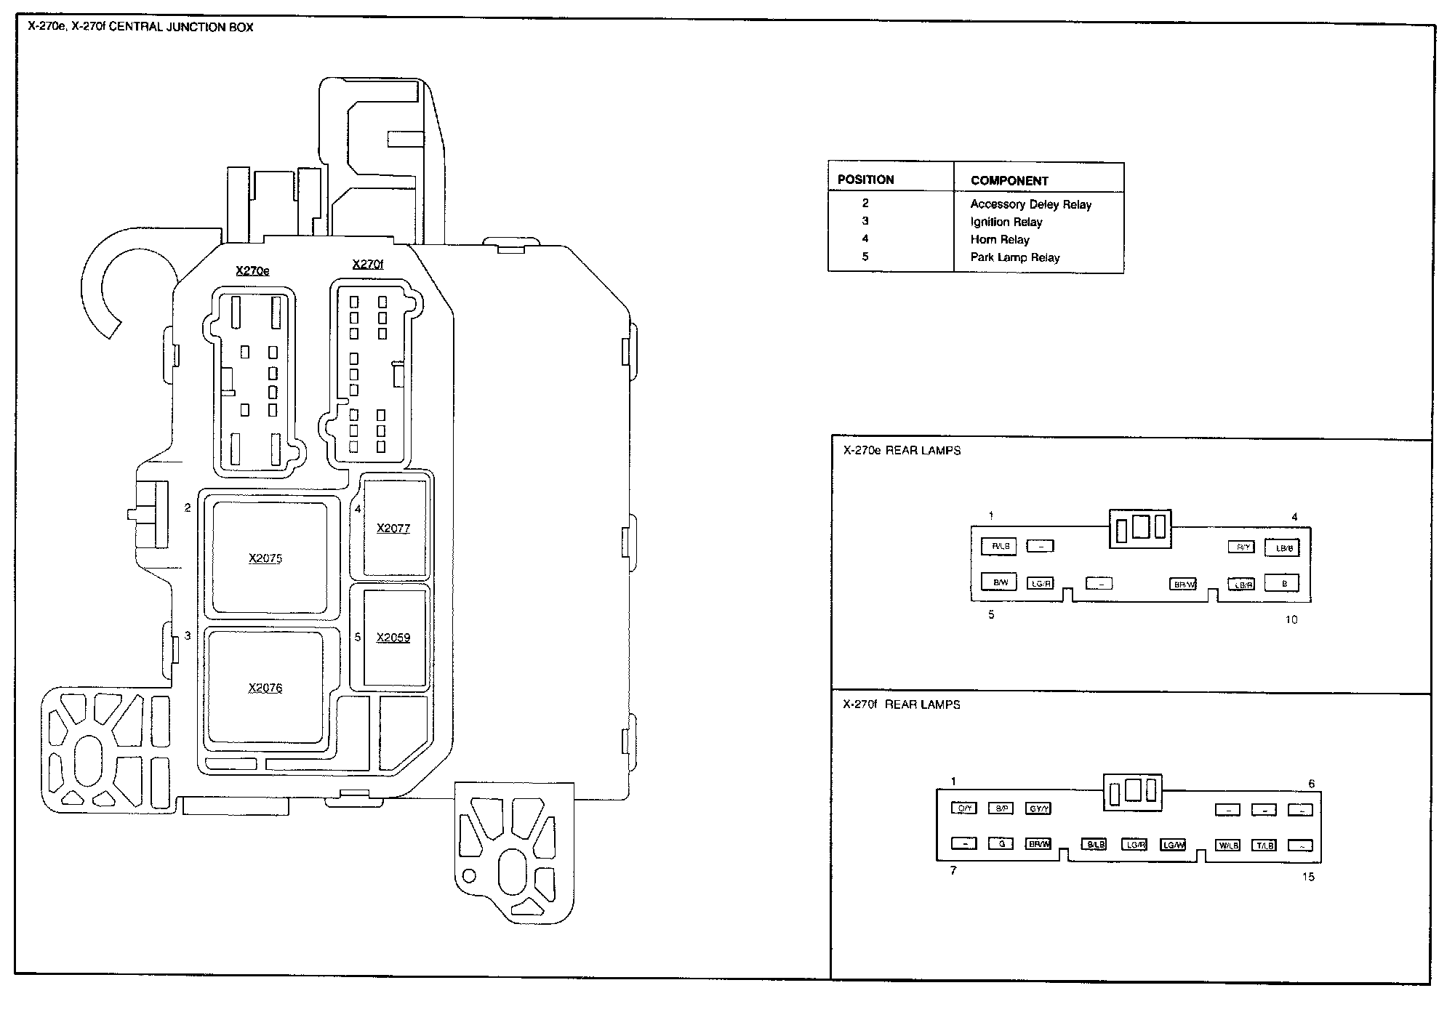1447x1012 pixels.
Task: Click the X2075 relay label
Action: (265, 558)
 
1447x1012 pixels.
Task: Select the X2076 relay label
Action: (265, 688)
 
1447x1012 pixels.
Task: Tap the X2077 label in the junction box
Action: (393, 529)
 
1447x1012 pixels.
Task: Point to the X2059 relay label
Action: (393, 638)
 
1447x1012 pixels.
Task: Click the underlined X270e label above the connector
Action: (252, 271)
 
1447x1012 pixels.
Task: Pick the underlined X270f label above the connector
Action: (367, 265)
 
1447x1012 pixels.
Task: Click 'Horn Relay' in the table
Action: (1000, 240)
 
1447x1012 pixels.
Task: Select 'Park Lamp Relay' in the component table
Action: (1015, 257)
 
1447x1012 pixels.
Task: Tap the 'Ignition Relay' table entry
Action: (1006, 222)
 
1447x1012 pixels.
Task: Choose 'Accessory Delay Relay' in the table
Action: (1031, 205)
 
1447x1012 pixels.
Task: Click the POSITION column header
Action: (865, 180)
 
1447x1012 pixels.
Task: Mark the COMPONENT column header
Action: (1009, 181)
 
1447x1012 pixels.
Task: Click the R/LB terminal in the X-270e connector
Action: (999, 546)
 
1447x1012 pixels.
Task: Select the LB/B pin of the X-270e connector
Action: (1282, 548)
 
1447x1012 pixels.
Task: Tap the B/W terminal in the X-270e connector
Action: (999, 582)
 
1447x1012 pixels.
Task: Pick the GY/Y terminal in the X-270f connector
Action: (1038, 808)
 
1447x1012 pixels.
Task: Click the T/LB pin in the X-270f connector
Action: (1264, 846)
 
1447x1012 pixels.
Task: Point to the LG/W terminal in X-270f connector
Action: (1173, 845)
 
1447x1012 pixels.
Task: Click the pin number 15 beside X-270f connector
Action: (1308, 878)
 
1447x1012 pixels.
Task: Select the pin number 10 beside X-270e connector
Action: (1291, 620)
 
